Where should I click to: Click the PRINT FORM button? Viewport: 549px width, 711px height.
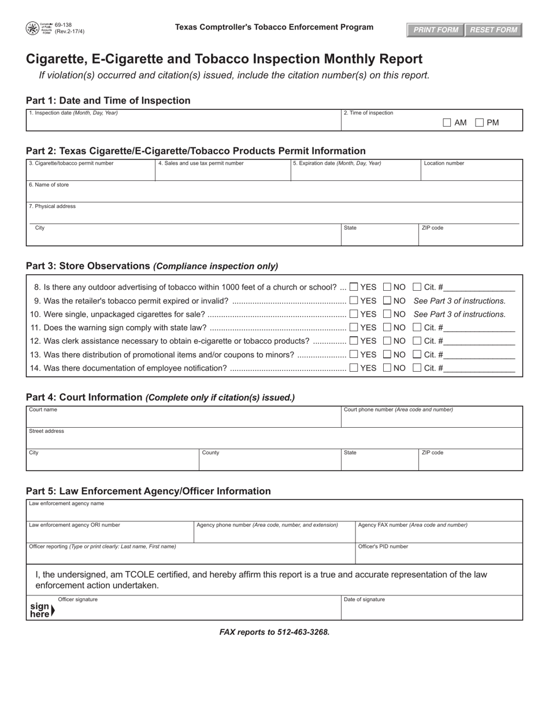436,30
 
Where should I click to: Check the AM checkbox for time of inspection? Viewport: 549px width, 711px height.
447,123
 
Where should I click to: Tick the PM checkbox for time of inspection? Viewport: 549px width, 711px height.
479,123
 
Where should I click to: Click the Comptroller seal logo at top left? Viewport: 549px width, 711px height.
32,28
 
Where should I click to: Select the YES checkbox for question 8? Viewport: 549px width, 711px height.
354,287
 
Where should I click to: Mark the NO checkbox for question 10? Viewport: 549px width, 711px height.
387,314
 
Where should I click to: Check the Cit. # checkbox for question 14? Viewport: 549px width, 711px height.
417,368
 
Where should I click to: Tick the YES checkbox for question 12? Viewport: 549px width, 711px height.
354,341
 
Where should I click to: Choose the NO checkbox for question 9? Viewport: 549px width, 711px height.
387,301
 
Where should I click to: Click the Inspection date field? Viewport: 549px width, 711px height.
183,123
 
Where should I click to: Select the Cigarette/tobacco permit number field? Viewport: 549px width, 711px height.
90,173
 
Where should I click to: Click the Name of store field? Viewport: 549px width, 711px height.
274,194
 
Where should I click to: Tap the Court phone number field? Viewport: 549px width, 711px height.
431,420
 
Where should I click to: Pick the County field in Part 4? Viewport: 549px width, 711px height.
269,462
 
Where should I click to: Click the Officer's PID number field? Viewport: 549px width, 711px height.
438,556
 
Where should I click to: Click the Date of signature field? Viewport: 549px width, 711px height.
431,610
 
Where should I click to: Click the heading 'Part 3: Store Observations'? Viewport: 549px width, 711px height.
88,266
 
